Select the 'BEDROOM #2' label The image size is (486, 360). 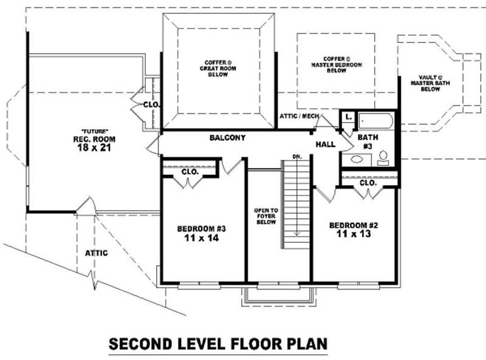(x=354, y=225)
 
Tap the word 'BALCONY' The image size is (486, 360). (x=227, y=138)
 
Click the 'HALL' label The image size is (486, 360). (x=326, y=144)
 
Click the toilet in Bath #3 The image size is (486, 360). (x=383, y=159)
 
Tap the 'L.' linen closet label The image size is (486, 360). (x=348, y=115)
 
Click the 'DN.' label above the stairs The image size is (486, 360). (x=296, y=157)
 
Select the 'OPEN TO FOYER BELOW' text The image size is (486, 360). (x=265, y=217)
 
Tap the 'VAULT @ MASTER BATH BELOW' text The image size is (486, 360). (x=430, y=83)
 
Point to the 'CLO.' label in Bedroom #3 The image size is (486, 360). (x=190, y=172)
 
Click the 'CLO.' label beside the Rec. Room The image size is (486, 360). (x=151, y=104)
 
